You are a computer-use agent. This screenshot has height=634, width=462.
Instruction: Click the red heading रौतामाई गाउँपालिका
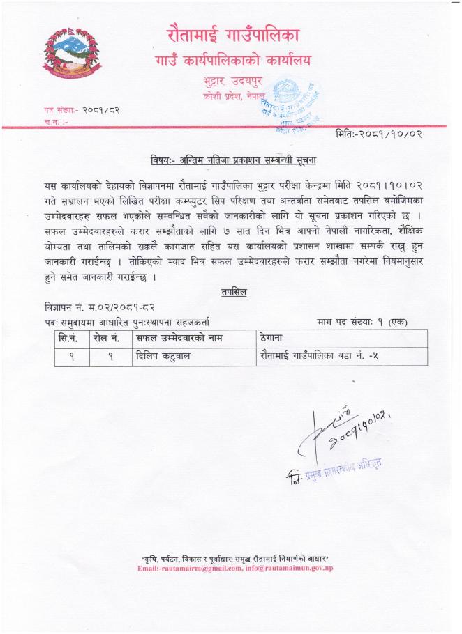(233, 33)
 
